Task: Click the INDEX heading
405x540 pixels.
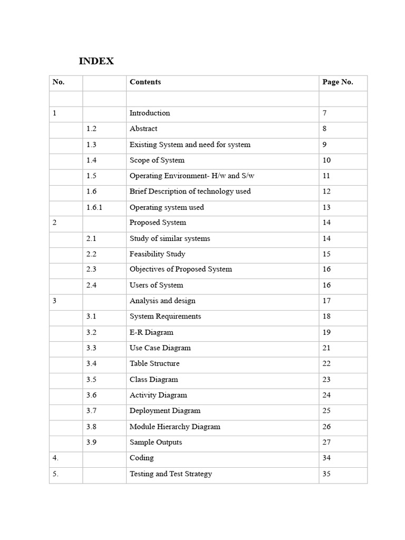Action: (x=96, y=61)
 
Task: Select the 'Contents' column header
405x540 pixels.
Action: (x=145, y=82)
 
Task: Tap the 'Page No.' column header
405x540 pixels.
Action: (x=337, y=82)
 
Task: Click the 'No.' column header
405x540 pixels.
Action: (x=59, y=82)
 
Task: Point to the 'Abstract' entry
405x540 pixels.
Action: (x=143, y=129)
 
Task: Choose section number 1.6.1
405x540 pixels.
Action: (x=94, y=207)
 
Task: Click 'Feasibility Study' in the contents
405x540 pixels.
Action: (x=157, y=254)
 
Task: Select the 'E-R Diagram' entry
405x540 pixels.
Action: (x=151, y=332)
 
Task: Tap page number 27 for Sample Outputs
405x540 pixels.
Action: (x=326, y=442)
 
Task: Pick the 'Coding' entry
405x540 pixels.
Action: (x=142, y=458)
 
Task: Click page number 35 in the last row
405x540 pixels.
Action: (x=326, y=474)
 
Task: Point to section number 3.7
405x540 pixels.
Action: (x=92, y=411)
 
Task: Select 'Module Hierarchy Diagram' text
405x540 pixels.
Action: (x=175, y=427)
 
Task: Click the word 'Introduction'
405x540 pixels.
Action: (x=150, y=113)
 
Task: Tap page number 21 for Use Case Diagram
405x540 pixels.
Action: (x=326, y=348)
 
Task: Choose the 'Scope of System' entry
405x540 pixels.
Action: (x=157, y=160)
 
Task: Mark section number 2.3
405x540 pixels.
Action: (x=92, y=269)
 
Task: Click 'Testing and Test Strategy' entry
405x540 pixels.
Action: (x=171, y=474)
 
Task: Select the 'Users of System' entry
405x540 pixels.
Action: (x=157, y=285)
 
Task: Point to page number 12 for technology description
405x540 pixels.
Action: (x=326, y=191)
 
